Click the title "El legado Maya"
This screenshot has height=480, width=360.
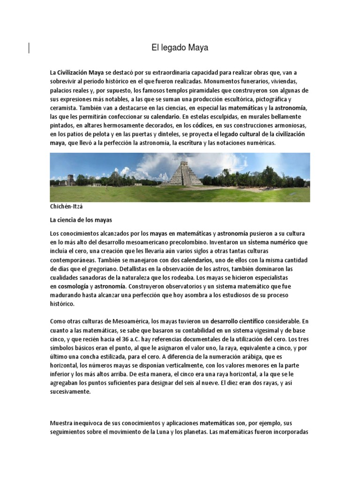coord(180,48)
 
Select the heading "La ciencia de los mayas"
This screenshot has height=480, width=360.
coord(81,219)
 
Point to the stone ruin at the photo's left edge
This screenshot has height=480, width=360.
coord(69,180)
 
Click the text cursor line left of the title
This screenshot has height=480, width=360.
coord(30,48)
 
